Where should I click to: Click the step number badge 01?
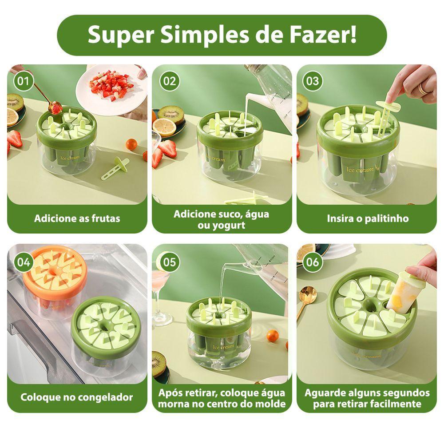pos(24,81)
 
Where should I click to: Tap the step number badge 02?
pos(169,81)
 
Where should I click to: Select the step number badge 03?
pos(313,81)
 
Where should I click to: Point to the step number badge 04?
pos(24,262)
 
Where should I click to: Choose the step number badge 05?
pos(169,262)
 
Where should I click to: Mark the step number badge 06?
pos(313,262)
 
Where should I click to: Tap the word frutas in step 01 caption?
pos(106,218)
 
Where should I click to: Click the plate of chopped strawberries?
pos(111,90)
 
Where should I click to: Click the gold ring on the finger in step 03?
pos(423,88)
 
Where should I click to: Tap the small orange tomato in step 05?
pos(273,336)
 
